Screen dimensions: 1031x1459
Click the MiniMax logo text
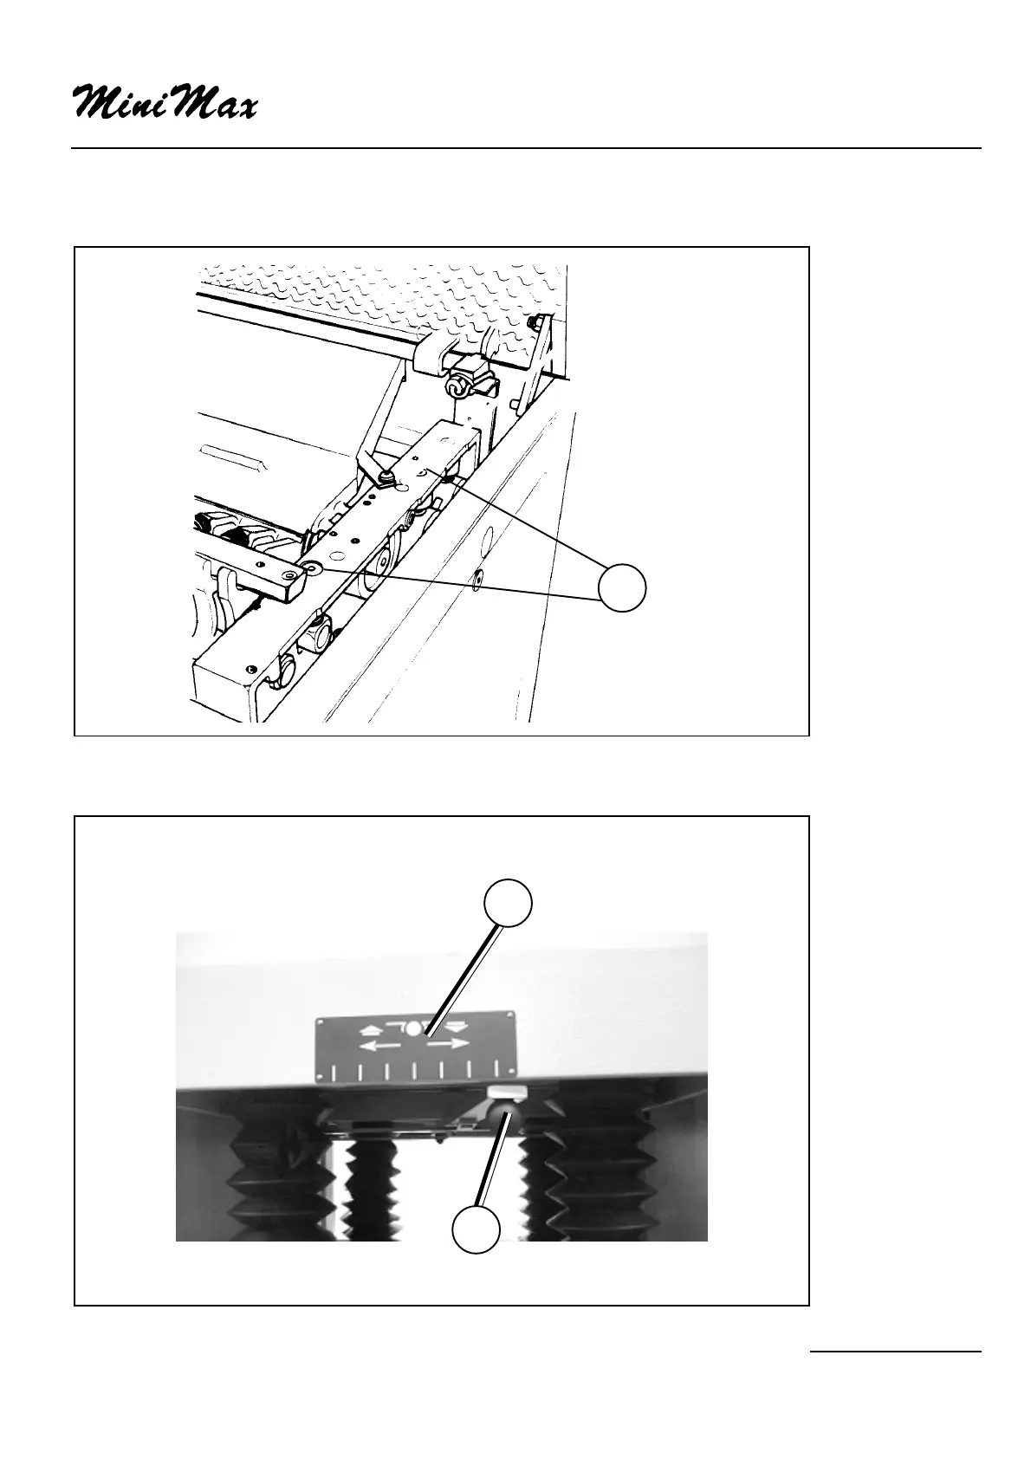coord(165,102)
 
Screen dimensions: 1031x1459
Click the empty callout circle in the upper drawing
coord(623,587)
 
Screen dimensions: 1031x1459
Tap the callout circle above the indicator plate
coord(508,903)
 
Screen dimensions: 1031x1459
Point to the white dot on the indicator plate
coord(415,1030)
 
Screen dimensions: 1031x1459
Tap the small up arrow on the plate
coord(368,1030)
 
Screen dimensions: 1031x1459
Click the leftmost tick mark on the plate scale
coord(334,1073)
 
